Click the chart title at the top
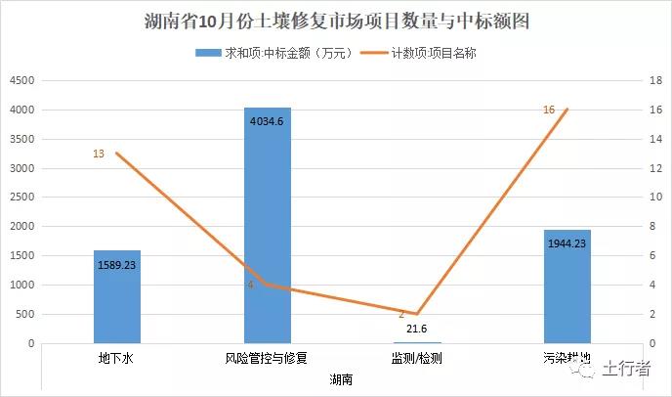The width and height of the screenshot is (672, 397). [x=336, y=21]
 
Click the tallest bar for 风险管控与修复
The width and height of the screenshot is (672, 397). [x=268, y=225]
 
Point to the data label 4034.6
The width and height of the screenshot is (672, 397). [x=268, y=122]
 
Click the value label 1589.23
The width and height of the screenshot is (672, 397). [x=117, y=264]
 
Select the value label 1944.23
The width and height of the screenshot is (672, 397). [x=567, y=244]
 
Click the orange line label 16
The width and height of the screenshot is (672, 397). [x=549, y=110]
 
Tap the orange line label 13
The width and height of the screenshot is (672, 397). [x=99, y=154]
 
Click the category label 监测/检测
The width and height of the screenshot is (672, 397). [x=417, y=359]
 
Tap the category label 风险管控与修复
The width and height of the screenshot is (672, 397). [x=267, y=359]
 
